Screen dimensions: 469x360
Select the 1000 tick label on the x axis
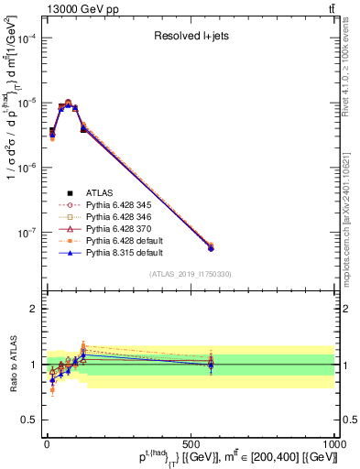pyautogui.click(x=332, y=442)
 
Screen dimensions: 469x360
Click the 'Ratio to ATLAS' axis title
pyautogui.click(x=10, y=364)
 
